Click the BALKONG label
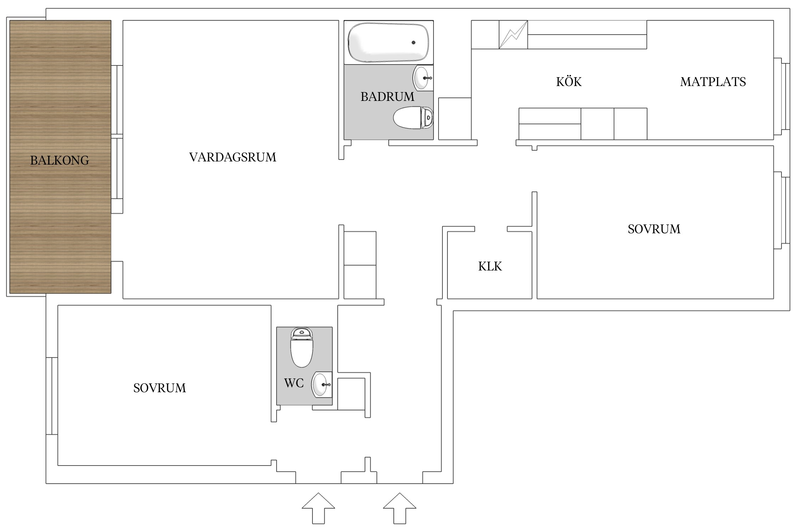point(60,160)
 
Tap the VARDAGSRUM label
point(232,157)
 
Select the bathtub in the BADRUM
point(388,43)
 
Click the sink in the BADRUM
point(422,78)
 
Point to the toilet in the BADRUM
point(413,118)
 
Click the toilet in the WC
point(302,348)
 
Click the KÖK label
point(569,82)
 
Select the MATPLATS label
point(713,82)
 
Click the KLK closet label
point(490,266)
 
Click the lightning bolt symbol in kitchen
point(513,35)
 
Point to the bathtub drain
point(413,43)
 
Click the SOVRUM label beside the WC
point(159,388)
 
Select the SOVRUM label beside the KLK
point(654,229)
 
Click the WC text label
point(294,383)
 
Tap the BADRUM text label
point(387,97)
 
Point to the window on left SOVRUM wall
point(52,396)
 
